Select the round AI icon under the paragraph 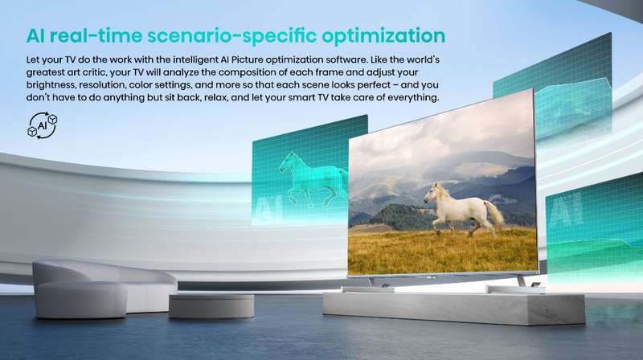(x=43, y=125)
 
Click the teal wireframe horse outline (x=313, y=179)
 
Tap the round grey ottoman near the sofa (x=211, y=306)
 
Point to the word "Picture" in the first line (x=247, y=59)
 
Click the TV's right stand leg (x=521, y=281)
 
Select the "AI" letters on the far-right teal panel (x=567, y=211)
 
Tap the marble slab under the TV (x=453, y=309)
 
